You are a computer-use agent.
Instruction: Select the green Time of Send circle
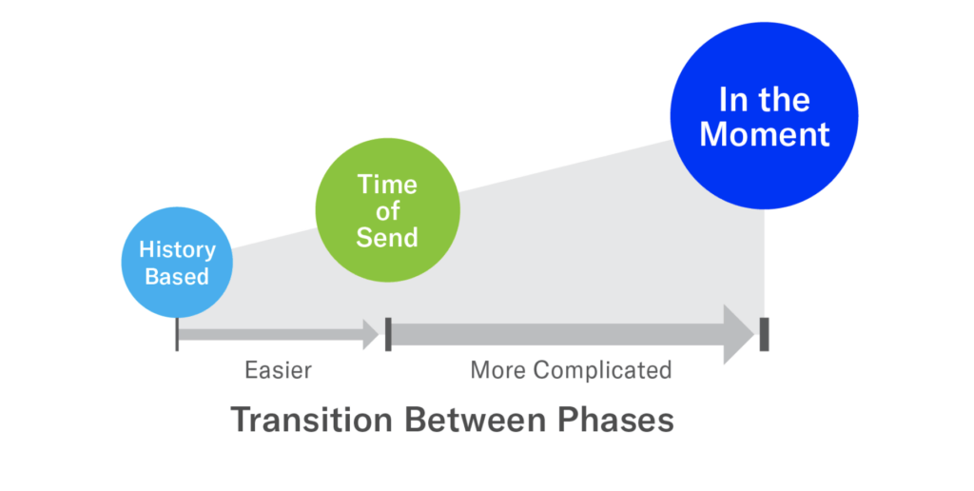[387, 211]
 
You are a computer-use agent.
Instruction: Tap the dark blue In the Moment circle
[765, 117]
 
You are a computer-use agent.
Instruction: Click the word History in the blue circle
[177, 251]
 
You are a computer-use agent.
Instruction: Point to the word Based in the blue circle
[177, 277]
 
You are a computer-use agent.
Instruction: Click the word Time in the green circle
[387, 185]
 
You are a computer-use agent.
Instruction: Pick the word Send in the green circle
[387, 237]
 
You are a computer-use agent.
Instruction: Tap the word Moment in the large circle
[765, 134]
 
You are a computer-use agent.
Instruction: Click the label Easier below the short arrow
[278, 369]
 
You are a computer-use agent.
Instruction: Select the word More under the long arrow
[498, 369]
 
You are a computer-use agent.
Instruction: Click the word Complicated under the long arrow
[603, 369]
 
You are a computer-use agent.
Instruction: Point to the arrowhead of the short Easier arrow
[369, 334]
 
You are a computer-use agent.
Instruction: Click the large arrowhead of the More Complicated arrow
[738, 334]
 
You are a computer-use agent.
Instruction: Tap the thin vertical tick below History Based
[177, 335]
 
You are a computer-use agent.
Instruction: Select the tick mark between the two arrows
[388, 334]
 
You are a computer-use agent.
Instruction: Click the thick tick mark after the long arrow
[764, 334]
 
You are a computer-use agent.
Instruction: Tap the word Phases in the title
[615, 420]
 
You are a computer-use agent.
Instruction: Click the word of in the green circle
[387, 211]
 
